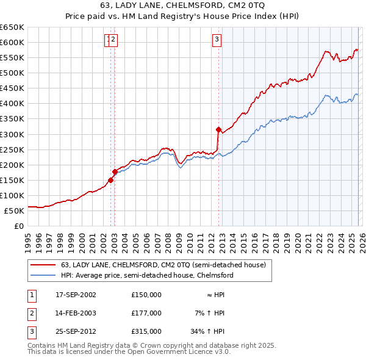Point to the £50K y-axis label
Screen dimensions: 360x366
point(14,211)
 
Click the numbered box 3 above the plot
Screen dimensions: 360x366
point(217,40)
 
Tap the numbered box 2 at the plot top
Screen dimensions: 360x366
point(114,40)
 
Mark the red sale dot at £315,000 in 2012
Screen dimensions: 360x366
point(218,129)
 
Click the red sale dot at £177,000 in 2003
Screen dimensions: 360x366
point(115,171)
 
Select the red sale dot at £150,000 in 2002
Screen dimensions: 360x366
point(110,180)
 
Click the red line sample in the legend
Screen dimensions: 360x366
point(43,265)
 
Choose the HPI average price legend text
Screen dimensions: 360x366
point(147,275)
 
